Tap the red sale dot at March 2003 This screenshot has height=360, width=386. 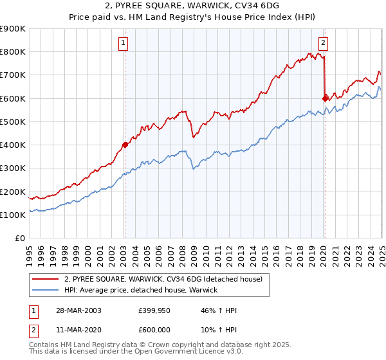click(125, 145)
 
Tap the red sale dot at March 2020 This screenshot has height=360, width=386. click(325, 98)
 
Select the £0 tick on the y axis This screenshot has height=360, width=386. click(19, 238)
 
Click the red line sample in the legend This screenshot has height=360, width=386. click(46, 280)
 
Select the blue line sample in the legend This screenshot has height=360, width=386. click(46, 290)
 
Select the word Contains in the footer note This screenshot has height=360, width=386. click(44, 346)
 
